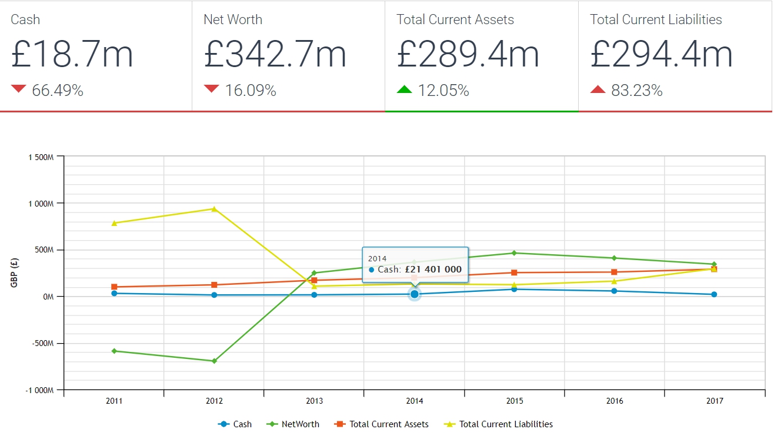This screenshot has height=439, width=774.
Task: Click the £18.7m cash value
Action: coord(72,54)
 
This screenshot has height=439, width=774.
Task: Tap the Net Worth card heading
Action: coord(233,19)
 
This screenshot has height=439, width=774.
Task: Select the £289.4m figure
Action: coord(468,54)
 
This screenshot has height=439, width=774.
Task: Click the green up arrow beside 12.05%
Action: coord(405,89)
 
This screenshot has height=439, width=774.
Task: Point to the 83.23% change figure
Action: coord(636,91)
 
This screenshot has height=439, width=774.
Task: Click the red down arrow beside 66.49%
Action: coord(19,89)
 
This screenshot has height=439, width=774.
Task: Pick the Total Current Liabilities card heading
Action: coord(656,19)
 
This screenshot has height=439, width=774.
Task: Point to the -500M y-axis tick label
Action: coord(41,344)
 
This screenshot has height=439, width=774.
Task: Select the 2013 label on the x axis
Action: coord(314,401)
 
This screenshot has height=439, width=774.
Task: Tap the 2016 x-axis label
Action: coord(615,401)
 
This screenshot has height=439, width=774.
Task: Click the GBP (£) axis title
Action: coord(14,273)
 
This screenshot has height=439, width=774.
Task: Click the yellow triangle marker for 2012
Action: coord(214,208)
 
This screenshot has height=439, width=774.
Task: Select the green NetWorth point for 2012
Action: coord(214,361)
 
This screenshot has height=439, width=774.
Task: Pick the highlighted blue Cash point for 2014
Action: coord(415,294)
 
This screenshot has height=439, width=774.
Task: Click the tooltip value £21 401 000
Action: coord(433,270)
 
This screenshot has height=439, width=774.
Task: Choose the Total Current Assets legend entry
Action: coord(382,424)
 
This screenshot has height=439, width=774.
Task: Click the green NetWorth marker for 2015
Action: coord(514,253)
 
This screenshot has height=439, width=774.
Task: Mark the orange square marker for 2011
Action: coord(114,287)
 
